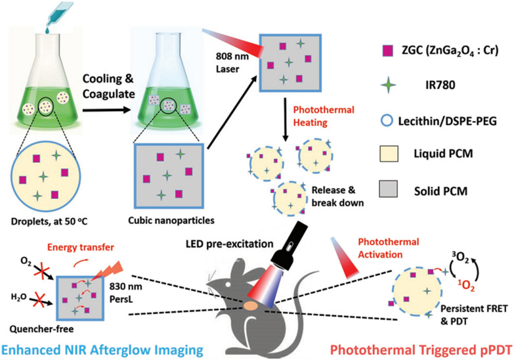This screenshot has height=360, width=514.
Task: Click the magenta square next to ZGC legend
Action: click(388, 51)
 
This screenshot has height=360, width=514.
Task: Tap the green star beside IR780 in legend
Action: click(389, 85)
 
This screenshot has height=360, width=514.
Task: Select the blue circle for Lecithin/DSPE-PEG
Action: click(387, 121)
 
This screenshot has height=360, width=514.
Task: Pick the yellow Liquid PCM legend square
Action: click(389, 154)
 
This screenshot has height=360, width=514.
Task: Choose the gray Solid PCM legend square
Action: click(389, 189)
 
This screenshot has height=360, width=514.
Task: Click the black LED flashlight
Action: click(288, 243)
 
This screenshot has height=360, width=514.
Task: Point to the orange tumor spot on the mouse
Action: click(251, 306)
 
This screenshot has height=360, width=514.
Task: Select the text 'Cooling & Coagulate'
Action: click(108, 86)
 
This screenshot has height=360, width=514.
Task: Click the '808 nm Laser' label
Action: click(232, 62)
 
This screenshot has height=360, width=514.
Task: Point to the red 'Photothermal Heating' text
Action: click(324, 116)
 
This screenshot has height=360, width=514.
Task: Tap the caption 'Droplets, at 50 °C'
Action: click(49, 221)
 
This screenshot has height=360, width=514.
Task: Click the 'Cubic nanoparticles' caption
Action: click(171, 220)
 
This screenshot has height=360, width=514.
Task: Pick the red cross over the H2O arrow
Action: click(38, 300)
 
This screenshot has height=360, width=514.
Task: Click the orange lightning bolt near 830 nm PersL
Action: click(106, 271)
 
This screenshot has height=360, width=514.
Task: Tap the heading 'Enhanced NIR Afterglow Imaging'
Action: click(102, 349)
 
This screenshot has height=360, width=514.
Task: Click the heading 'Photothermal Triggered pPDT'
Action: click(421, 350)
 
